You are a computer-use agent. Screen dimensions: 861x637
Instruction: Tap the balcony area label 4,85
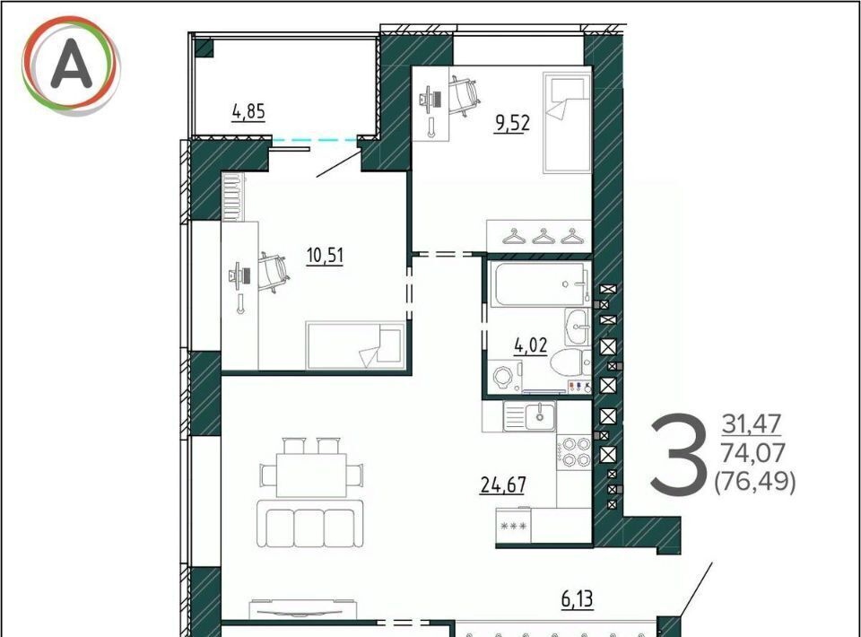248,111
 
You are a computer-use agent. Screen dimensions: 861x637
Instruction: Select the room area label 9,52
512,123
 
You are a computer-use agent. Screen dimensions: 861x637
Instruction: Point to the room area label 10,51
325,256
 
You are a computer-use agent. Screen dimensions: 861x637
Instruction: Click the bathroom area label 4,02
530,346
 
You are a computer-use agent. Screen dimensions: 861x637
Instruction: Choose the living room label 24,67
503,484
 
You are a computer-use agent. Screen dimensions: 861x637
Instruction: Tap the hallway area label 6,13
577,599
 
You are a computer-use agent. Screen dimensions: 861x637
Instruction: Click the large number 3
678,454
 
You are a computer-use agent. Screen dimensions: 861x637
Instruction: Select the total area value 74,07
752,453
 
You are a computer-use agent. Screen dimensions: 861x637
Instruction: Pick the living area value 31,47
752,424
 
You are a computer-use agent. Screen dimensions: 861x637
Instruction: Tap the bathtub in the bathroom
540,284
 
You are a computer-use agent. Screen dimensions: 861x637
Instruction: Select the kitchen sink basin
540,415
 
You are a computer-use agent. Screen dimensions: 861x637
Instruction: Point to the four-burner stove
574,451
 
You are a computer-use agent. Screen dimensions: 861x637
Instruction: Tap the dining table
311,475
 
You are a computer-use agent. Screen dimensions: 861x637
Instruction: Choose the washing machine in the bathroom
503,377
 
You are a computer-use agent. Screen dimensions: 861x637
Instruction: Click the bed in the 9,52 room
567,122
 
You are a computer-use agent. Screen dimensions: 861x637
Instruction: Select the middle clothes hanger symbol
544,237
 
